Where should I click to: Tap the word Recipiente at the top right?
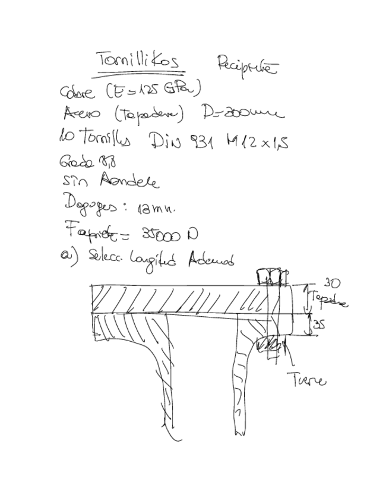pos(246,65)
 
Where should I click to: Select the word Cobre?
pos(77,93)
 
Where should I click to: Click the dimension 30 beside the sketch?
pos(330,283)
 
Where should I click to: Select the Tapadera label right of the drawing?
pos(328,299)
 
